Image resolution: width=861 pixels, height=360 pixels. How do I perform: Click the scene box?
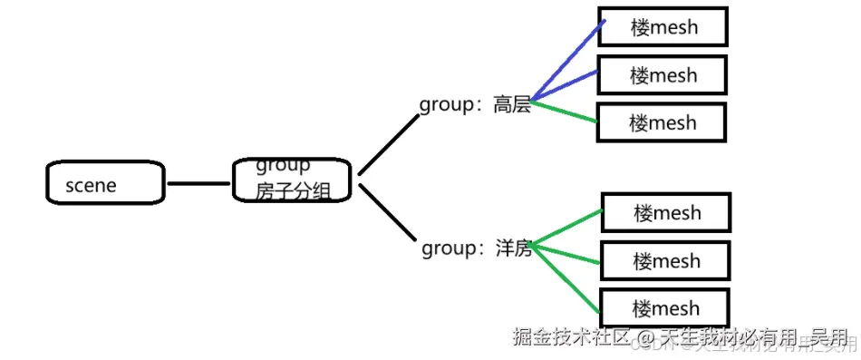click(x=105, y=184)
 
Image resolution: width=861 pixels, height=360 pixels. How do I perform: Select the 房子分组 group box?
click(x=291, y=180)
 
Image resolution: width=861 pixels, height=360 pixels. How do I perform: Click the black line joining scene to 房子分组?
click(x=199, y=184)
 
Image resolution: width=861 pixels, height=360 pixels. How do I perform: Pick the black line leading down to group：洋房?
click(x=390, y=214)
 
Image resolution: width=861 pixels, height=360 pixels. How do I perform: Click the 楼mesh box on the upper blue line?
click(x=663, y=27)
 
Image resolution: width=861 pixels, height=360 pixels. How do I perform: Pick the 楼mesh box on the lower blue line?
click(x=663, y=74)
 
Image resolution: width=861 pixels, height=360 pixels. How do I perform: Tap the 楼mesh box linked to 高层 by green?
click(x=662, y=122)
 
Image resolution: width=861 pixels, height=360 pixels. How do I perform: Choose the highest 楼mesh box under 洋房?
click(x=666, y=214)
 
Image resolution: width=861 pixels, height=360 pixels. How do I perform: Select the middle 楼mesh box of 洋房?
click(x=666, y=261)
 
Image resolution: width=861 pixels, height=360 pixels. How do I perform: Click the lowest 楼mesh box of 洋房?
click(x=666, y=307)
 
